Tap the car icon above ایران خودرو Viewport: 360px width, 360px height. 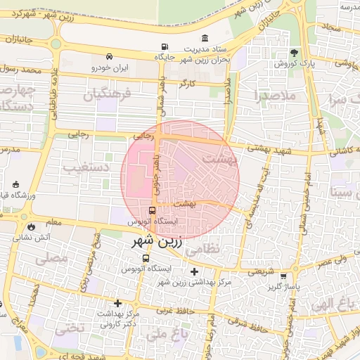point(109,56)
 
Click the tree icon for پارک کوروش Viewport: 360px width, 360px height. point(294,53)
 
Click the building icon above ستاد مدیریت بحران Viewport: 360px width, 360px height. point(205,38)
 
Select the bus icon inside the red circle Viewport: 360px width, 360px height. point(153,210)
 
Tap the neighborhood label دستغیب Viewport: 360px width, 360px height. point(82,167)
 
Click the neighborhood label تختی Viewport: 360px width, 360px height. point(70,327)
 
